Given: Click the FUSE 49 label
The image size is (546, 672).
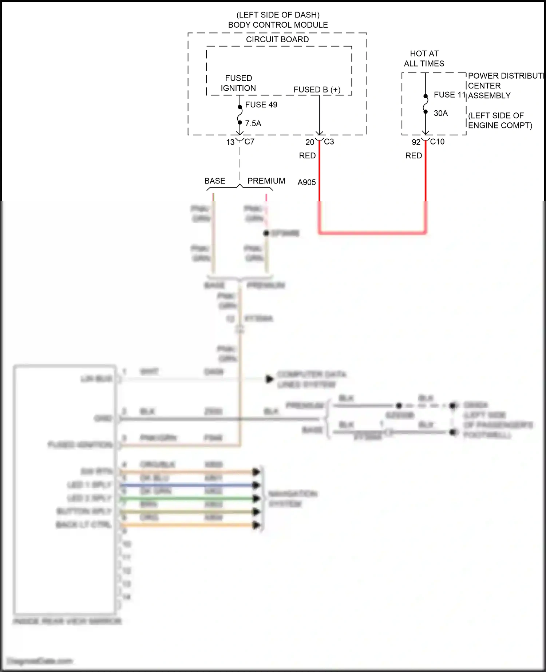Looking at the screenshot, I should (261, 105).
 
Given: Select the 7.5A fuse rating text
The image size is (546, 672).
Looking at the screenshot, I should (253, 123).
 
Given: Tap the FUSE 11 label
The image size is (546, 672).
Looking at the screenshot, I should (449, 95).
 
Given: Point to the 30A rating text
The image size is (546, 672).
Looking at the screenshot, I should (440, 114).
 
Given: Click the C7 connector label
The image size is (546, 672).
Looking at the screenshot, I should (249, 142).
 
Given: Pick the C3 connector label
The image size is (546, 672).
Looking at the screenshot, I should (329, 142).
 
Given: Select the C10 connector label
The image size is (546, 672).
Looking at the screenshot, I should (437, 142).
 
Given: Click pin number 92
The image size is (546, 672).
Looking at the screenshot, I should (416, 142).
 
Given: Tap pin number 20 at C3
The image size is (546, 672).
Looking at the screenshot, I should (309, 142).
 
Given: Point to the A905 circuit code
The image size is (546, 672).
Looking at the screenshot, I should (306, 182).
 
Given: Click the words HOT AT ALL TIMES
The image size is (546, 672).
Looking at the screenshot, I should (424, 59).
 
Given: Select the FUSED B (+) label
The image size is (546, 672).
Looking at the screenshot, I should (317, 90).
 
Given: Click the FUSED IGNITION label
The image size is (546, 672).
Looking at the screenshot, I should (238, 83).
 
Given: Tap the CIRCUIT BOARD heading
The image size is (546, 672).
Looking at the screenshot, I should (277, 39).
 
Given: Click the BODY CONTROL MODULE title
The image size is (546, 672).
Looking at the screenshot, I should (278, 25).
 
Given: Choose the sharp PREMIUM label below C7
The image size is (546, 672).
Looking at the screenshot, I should (266, 181).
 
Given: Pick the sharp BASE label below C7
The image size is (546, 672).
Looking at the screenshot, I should (215, 181).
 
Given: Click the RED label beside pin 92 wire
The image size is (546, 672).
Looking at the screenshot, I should (414, 156).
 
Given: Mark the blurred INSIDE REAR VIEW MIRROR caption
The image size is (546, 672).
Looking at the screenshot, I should (67, 621).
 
